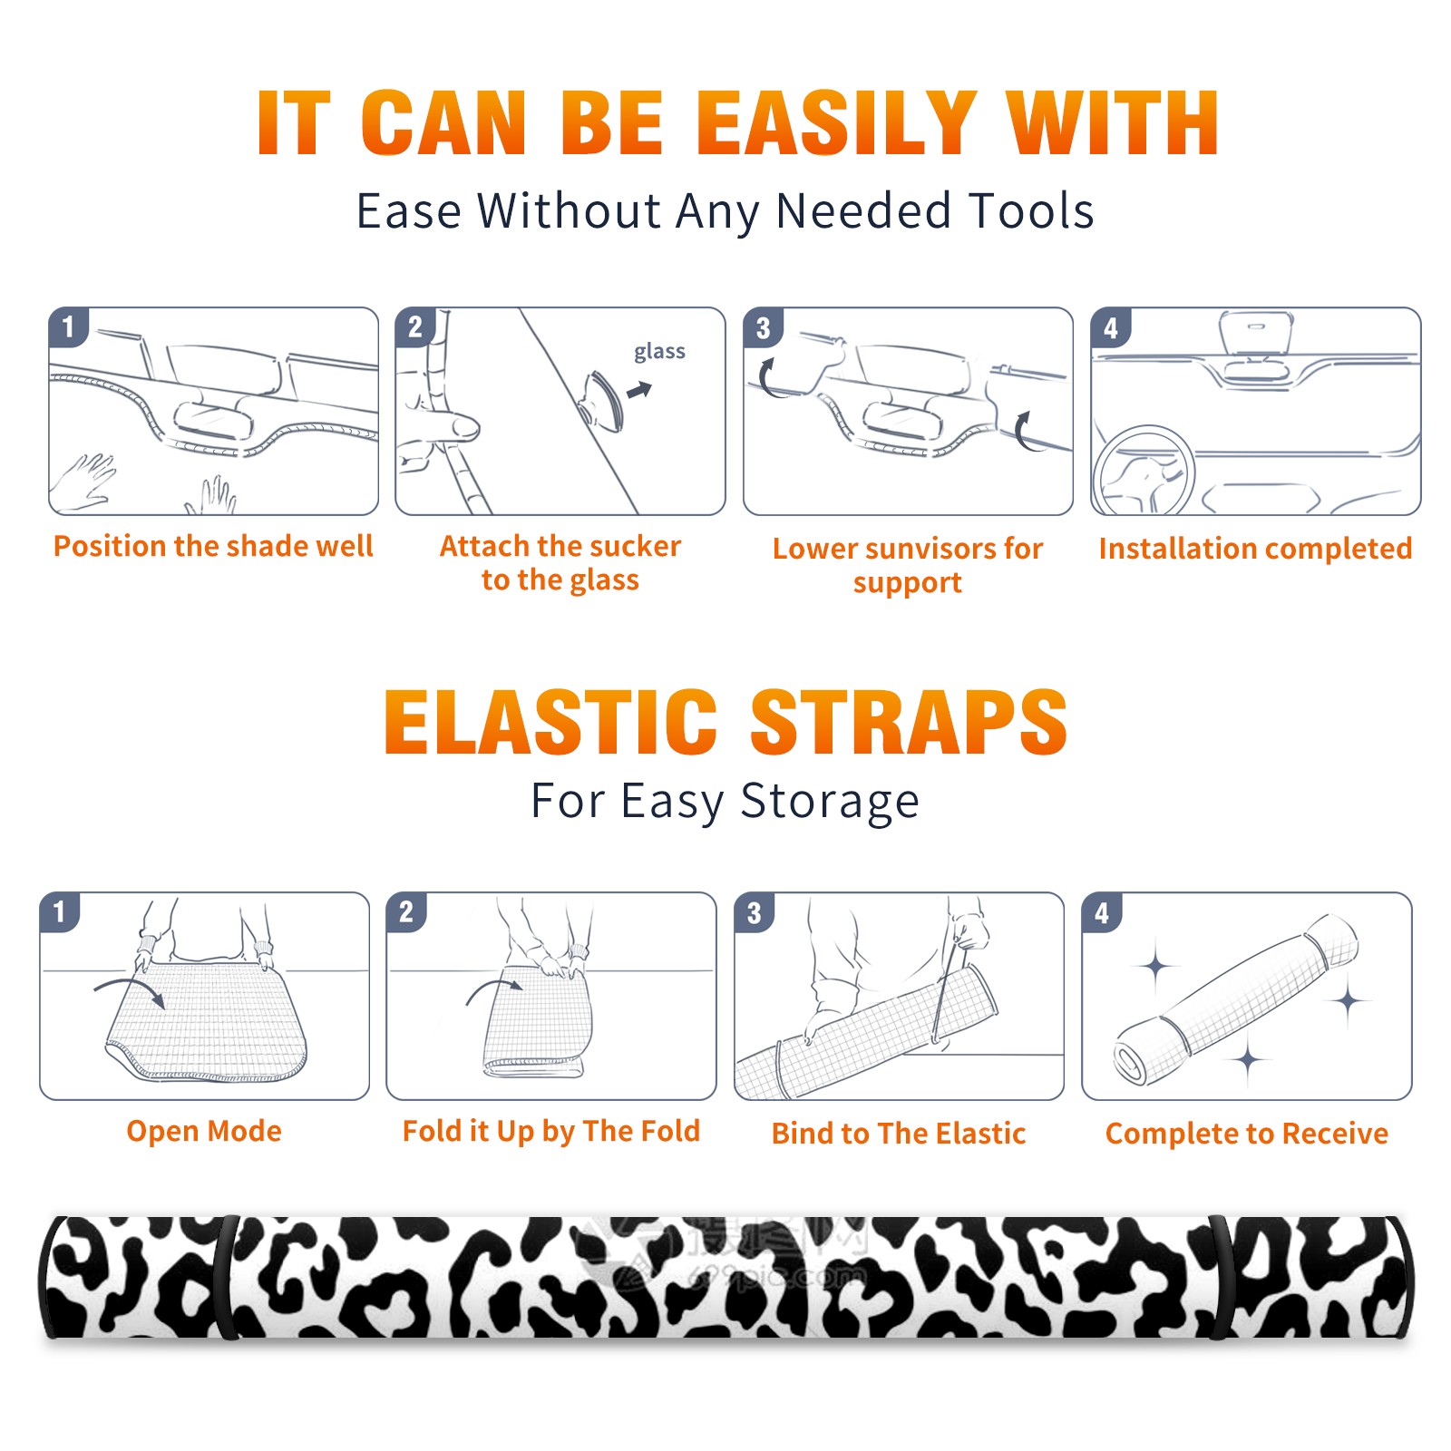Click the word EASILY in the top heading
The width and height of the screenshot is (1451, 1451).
(836, 122)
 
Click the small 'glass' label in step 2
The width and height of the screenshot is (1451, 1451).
(659, 352)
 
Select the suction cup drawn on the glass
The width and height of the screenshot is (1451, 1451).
(602, 400)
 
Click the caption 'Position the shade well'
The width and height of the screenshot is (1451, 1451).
(213, 546)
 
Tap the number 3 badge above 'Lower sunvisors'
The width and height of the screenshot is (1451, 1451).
(763, 327)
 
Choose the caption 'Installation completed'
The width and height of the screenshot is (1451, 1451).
(1255, 549)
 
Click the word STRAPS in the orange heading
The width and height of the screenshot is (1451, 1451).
(909, 722)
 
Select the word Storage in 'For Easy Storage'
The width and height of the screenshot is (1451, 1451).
(830, 802)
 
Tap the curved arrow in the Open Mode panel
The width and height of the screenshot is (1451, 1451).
(130, 989)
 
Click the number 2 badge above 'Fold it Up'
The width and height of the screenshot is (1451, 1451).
(405, 911)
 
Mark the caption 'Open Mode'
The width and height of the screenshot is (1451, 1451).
(204, 1131)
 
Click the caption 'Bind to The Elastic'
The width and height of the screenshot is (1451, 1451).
(898, 1134)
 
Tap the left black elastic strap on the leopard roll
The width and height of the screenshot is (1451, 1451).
(227, 1277)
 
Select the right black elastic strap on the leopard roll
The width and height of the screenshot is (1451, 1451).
(1222, 1277)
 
